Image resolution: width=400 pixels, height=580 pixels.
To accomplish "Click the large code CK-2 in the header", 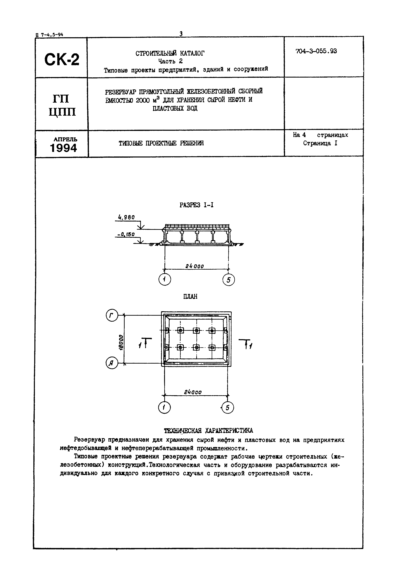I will pos(62,60).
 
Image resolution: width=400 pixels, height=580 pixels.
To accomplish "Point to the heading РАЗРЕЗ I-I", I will pos(196,205).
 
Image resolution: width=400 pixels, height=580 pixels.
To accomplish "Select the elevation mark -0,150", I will pos(126,234).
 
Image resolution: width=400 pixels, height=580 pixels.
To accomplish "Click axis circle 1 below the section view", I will pos(165,279).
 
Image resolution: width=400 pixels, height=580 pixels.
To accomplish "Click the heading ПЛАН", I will pos(191,297).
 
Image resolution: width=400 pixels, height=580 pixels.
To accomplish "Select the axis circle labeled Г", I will pos(112,315).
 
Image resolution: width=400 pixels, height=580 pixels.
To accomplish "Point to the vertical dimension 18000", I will pos(121,342).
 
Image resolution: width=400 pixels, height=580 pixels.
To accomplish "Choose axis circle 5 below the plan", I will pos(228,408).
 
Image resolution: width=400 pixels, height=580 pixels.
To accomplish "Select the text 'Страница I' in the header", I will pos(320,143).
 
